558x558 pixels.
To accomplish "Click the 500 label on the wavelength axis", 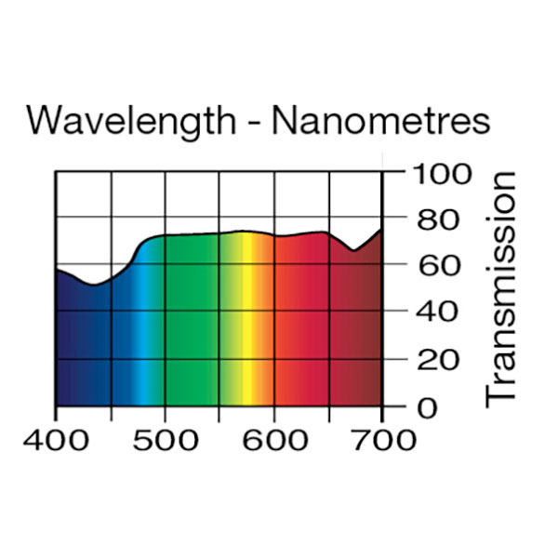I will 166,439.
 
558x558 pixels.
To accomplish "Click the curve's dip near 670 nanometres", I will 353,250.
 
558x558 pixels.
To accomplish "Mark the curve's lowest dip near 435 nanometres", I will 93,284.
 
